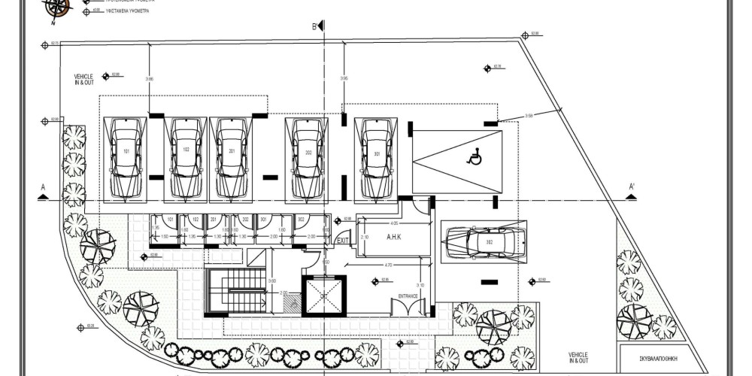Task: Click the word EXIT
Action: tap(343, 241)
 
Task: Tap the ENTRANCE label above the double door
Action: tap(408, 296)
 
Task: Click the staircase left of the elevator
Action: tap(235, 290)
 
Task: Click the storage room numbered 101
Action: tap(165, 230)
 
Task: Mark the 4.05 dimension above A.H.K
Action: tap(393, 223)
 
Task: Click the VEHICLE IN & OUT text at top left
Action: tap(83, 79)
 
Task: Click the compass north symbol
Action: tap(57, 8)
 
